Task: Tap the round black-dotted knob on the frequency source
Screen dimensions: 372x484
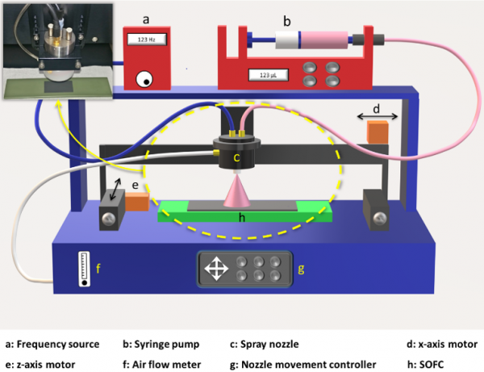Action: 145,78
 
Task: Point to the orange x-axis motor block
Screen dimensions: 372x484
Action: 378,132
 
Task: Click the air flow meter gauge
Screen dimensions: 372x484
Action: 85,269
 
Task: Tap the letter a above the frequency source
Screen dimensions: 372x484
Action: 146,16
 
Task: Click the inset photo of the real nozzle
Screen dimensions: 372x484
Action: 58,49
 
